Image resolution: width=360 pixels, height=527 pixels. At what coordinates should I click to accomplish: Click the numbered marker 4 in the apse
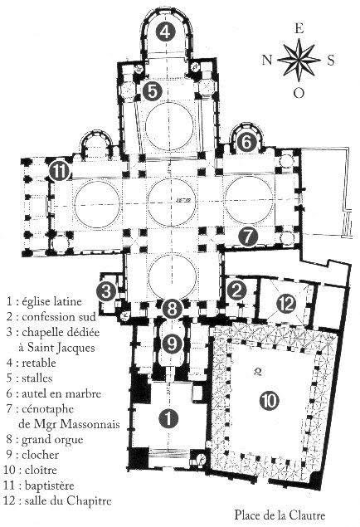point(166,32)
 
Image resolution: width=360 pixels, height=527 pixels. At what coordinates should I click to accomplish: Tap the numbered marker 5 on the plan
point(152,90)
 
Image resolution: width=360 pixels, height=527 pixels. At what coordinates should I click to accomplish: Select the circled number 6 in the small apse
point(246,143)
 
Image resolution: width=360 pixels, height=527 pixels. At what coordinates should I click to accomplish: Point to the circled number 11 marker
point(59,172)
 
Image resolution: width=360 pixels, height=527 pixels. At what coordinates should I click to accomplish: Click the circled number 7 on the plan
point(248,237)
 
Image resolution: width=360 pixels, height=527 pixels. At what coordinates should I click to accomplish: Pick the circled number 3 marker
point(106,291)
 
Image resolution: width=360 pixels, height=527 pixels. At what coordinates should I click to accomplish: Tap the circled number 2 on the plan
point(236,290)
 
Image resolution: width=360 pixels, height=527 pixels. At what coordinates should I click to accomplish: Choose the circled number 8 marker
point(172,309)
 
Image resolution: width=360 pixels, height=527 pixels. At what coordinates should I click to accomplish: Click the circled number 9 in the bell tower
point(172,343)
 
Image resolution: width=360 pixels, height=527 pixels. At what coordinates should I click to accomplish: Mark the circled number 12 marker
point(286,304)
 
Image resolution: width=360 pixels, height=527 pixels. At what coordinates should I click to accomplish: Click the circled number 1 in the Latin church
point(168,418)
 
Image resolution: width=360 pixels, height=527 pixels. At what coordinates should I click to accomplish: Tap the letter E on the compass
point(299,29)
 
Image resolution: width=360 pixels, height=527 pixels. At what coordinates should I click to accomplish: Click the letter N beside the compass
point(267,60)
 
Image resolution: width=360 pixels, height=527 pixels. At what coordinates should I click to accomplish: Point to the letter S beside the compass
point(331,61)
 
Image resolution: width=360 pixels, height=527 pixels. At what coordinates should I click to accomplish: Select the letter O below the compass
point(299,92)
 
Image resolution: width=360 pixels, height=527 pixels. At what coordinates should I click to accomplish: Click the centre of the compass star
point(299,60)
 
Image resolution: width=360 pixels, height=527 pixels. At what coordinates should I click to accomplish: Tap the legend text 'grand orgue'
point(52,440)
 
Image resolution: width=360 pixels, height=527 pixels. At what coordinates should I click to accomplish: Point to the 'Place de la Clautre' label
point(280,515)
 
